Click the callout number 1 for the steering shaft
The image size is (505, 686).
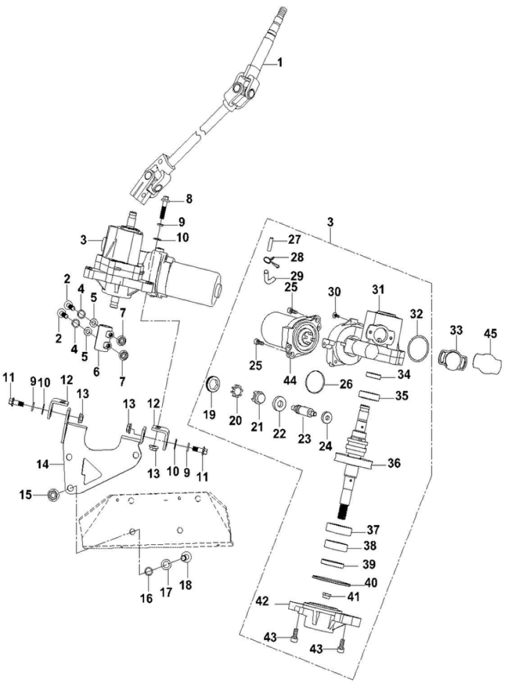click(280, 63)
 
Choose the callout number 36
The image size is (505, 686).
click(394, 464)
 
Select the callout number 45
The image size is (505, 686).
click(490, 333)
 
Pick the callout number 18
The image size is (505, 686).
click(185, 584)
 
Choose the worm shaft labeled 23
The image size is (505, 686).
click(303, 412)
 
